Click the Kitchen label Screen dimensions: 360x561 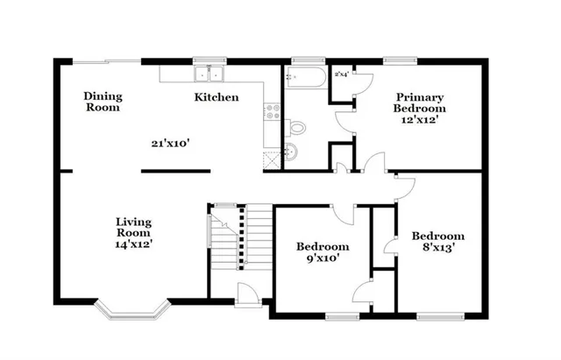[216, 97]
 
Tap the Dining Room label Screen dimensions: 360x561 [103, 102]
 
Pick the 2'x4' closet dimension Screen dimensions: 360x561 [341, 74]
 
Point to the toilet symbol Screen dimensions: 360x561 [297, 128]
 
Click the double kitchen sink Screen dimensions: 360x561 [208, 73]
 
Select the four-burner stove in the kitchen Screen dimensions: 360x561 [271, 111]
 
